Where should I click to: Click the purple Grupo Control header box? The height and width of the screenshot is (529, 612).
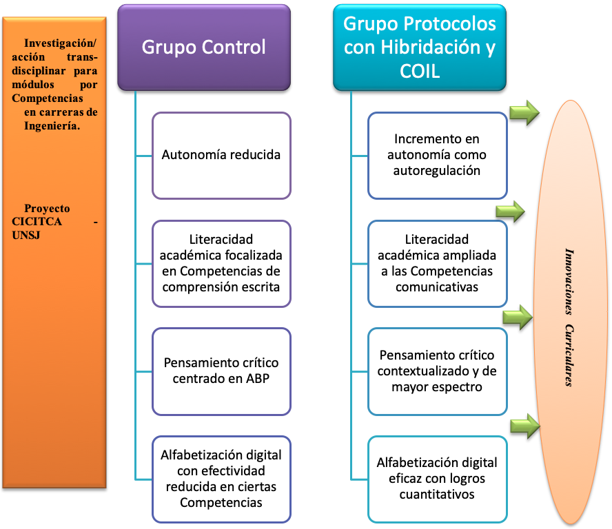[x=204, y=48]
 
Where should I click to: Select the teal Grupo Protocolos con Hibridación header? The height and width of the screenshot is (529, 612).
[x=420, y=48]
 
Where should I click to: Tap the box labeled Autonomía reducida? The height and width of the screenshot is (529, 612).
[x=221, y=155]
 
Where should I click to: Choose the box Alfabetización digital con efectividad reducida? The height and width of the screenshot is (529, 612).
[x=221, y=479]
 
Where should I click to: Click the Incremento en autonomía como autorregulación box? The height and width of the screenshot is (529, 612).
[x=437, y=155]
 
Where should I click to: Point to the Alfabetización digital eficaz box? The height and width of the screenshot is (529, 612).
[x=437, y=479]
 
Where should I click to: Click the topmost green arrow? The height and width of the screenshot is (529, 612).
[x=524, y=112]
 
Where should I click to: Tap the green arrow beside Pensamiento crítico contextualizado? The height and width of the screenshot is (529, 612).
[x=518, y=318]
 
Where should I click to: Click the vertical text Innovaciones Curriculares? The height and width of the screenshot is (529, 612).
[x=569, y=317]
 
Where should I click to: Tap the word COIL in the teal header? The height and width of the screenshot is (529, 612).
[x=419, y=70]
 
